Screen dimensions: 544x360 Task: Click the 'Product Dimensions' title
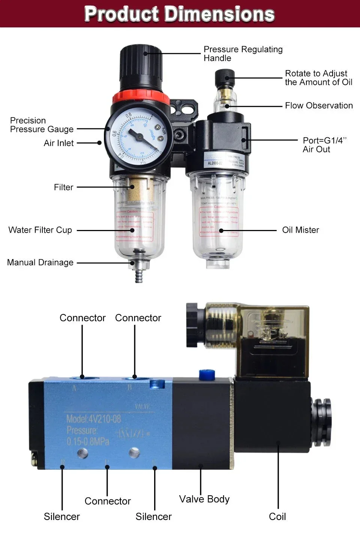[180, 14]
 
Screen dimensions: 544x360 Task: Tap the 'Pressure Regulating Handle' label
[243, 54]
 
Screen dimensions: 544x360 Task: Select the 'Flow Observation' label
[318, 105]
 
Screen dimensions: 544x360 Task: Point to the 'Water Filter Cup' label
[40, 230]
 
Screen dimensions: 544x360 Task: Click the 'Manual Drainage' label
[40, 262]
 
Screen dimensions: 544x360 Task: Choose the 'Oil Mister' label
[300, 230]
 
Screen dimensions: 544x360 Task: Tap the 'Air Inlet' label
[58, 143]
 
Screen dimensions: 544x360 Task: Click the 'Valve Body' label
[204, 499]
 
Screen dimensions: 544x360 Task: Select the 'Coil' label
[277, 517]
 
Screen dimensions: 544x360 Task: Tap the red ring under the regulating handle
[141, 97]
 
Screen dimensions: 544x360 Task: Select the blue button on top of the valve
[206, 374]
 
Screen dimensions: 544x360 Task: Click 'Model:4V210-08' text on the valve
[94, 419]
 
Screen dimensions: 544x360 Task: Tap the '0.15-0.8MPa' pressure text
[88, 442]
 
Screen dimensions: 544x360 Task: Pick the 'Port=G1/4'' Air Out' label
[324, 145]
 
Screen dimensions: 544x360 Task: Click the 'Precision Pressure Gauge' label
[42, 125]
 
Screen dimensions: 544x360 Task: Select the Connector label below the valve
[108, 501]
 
